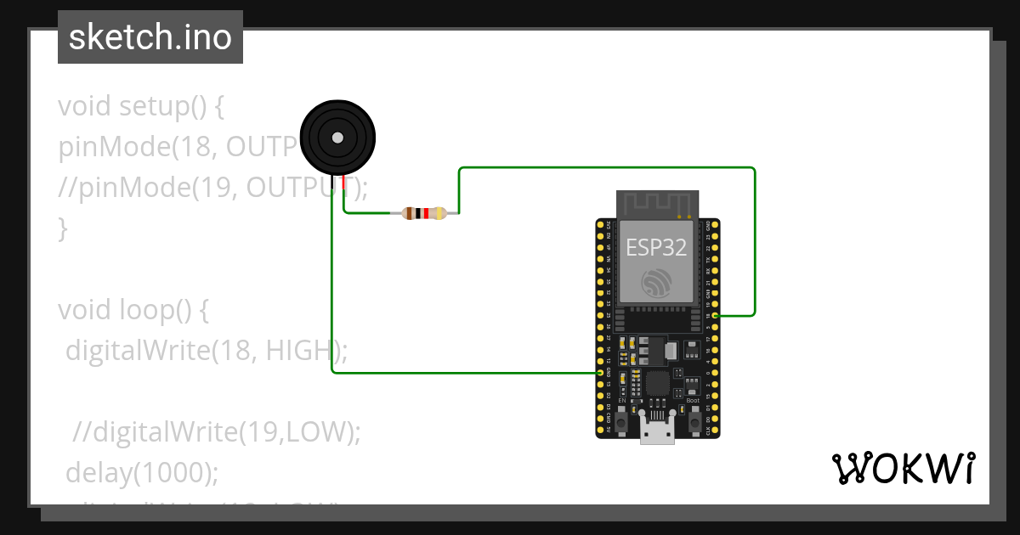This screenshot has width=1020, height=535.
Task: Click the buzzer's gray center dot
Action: click(337, 137)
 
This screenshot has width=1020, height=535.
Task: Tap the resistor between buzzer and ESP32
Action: click(424, 213)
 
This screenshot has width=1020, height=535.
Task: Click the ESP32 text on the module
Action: click(656, 247)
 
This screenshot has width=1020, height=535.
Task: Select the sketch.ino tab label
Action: click(150, 37)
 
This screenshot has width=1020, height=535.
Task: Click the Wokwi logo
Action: click(903, 469)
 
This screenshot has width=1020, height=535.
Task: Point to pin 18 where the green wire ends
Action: click(715, 316)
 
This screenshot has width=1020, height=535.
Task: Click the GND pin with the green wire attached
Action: click(601, 373)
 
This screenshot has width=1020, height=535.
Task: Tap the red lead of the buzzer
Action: click(343, 183)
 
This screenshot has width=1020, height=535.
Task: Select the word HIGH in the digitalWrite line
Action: click(297, 350)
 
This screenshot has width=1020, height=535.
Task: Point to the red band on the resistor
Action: click(426, 213)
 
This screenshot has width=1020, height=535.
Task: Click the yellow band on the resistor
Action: click(439, 213)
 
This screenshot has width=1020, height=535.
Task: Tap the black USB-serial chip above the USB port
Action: click(657, 383)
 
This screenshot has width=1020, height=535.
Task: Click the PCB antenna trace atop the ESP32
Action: click(657, 204)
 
